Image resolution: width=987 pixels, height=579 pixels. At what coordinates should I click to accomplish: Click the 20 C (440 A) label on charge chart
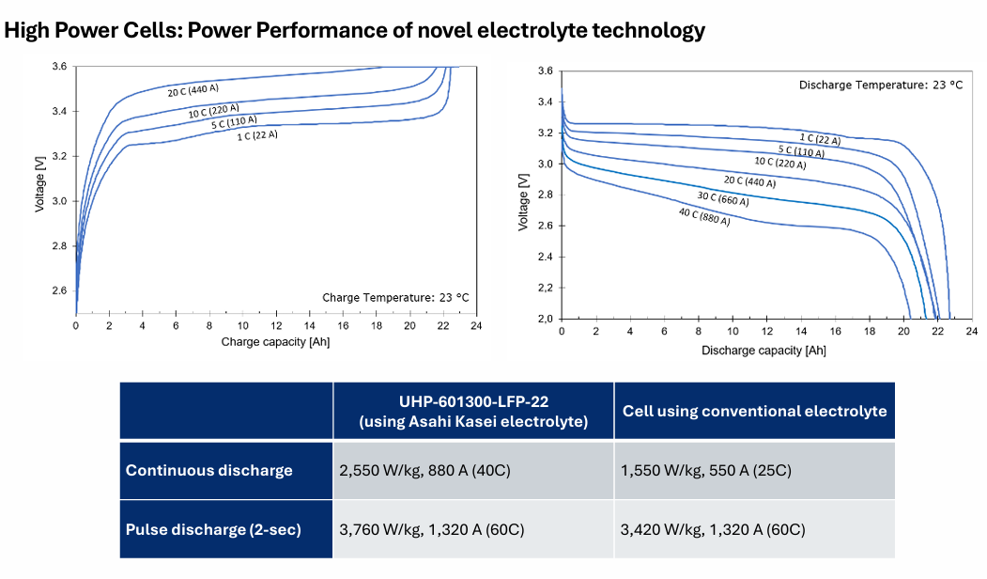193,91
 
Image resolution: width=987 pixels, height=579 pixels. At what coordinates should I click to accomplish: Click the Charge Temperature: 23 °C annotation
395,297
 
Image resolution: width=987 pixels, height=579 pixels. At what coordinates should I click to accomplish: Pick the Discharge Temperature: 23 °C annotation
880,85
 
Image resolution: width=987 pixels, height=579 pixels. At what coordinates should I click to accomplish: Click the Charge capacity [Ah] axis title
275,342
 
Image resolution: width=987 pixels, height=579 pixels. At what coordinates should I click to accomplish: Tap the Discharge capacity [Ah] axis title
763,350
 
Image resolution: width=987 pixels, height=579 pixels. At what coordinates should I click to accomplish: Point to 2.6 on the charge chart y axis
59,290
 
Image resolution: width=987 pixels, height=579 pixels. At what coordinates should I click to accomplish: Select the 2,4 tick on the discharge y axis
545,257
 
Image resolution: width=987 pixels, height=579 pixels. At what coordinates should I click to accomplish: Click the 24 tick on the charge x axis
476,325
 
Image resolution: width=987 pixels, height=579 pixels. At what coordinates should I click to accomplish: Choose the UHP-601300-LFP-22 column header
472,411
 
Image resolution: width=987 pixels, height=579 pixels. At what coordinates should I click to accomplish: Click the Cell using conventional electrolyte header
755,411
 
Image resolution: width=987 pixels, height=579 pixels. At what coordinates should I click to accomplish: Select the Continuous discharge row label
209,470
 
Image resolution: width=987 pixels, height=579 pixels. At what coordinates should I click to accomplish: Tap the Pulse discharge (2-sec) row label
213,529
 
